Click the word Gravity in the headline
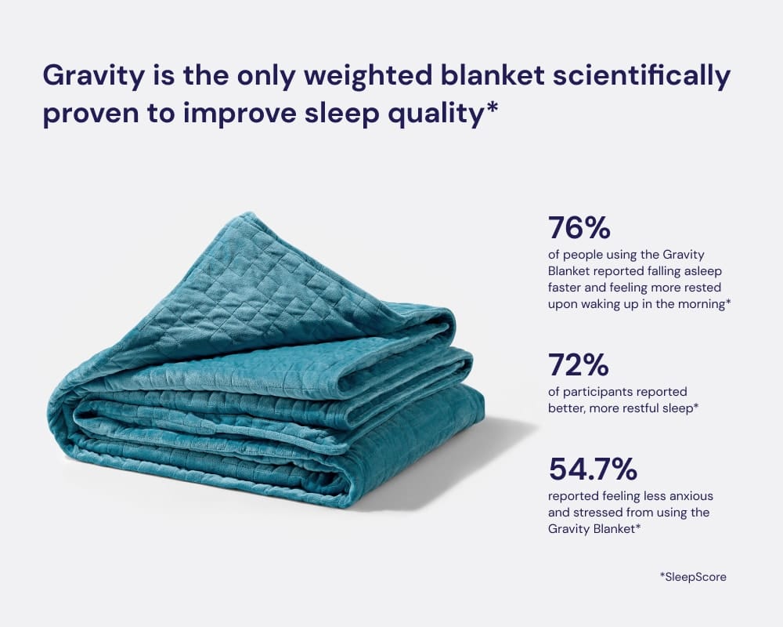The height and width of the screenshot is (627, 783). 93,77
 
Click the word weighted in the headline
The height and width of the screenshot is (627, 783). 368,77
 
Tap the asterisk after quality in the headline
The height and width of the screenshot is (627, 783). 492,108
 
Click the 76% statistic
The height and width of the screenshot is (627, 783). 579,227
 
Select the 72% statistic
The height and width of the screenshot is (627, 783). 579,364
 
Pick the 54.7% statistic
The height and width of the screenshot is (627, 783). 593,469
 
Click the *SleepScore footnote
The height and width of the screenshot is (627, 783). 693,577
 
